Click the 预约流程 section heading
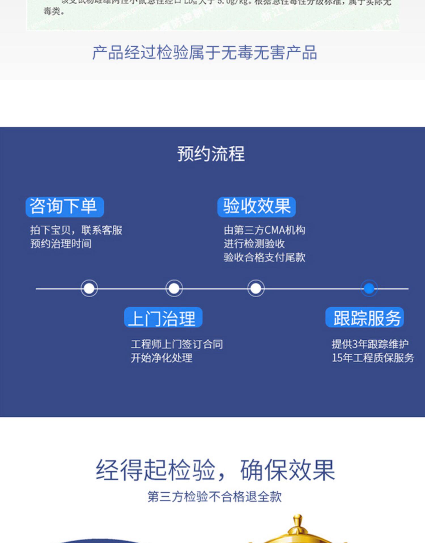click(x=211, y=154)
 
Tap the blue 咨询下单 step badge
click(x=65, y=207)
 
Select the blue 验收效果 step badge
click(x=257, y=207)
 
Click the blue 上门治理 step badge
click(x=163, y=318)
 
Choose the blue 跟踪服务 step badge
click(x=365, y=318)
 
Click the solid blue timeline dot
click(x=369, y=288)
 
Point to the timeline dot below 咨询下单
click(x=89, y=288)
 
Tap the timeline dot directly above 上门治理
click(x=174, y=288)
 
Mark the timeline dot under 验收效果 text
click(x=256, y=288)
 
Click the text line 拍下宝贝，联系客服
click(x=76, y=230)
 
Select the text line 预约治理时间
click(x=61, y=244)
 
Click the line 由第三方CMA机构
click(x=265, y=230)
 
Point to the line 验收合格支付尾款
click(x=265, y=257)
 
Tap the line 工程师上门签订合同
click(x=177, y=344)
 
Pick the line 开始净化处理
click(x=161, y=358)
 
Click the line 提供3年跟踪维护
click(x=370, y=344)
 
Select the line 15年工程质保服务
click(x=373, y=358)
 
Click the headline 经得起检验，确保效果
click(x=215, y=470)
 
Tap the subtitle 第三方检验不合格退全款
click(x=214, y=497)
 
